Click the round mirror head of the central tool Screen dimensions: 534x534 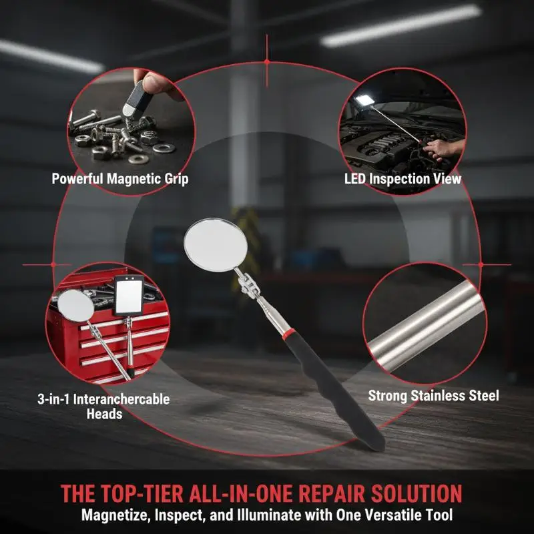(x=216, y=245)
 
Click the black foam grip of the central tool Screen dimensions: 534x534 (x=334, y=392)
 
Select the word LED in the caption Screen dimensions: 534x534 (x=355, y=179)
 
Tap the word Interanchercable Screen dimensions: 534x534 (x=121, y=399)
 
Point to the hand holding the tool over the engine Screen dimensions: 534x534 (x=443, y=149)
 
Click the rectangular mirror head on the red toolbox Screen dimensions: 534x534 (x=128, y=295)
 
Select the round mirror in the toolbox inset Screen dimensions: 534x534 (x=75, y=306)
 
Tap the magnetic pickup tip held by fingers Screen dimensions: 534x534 (x=134, y=100)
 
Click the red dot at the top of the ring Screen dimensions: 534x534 (x=267, y=61)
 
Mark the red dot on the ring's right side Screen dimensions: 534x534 (x=481, y=264)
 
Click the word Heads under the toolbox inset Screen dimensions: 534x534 (x=105, y=414)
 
